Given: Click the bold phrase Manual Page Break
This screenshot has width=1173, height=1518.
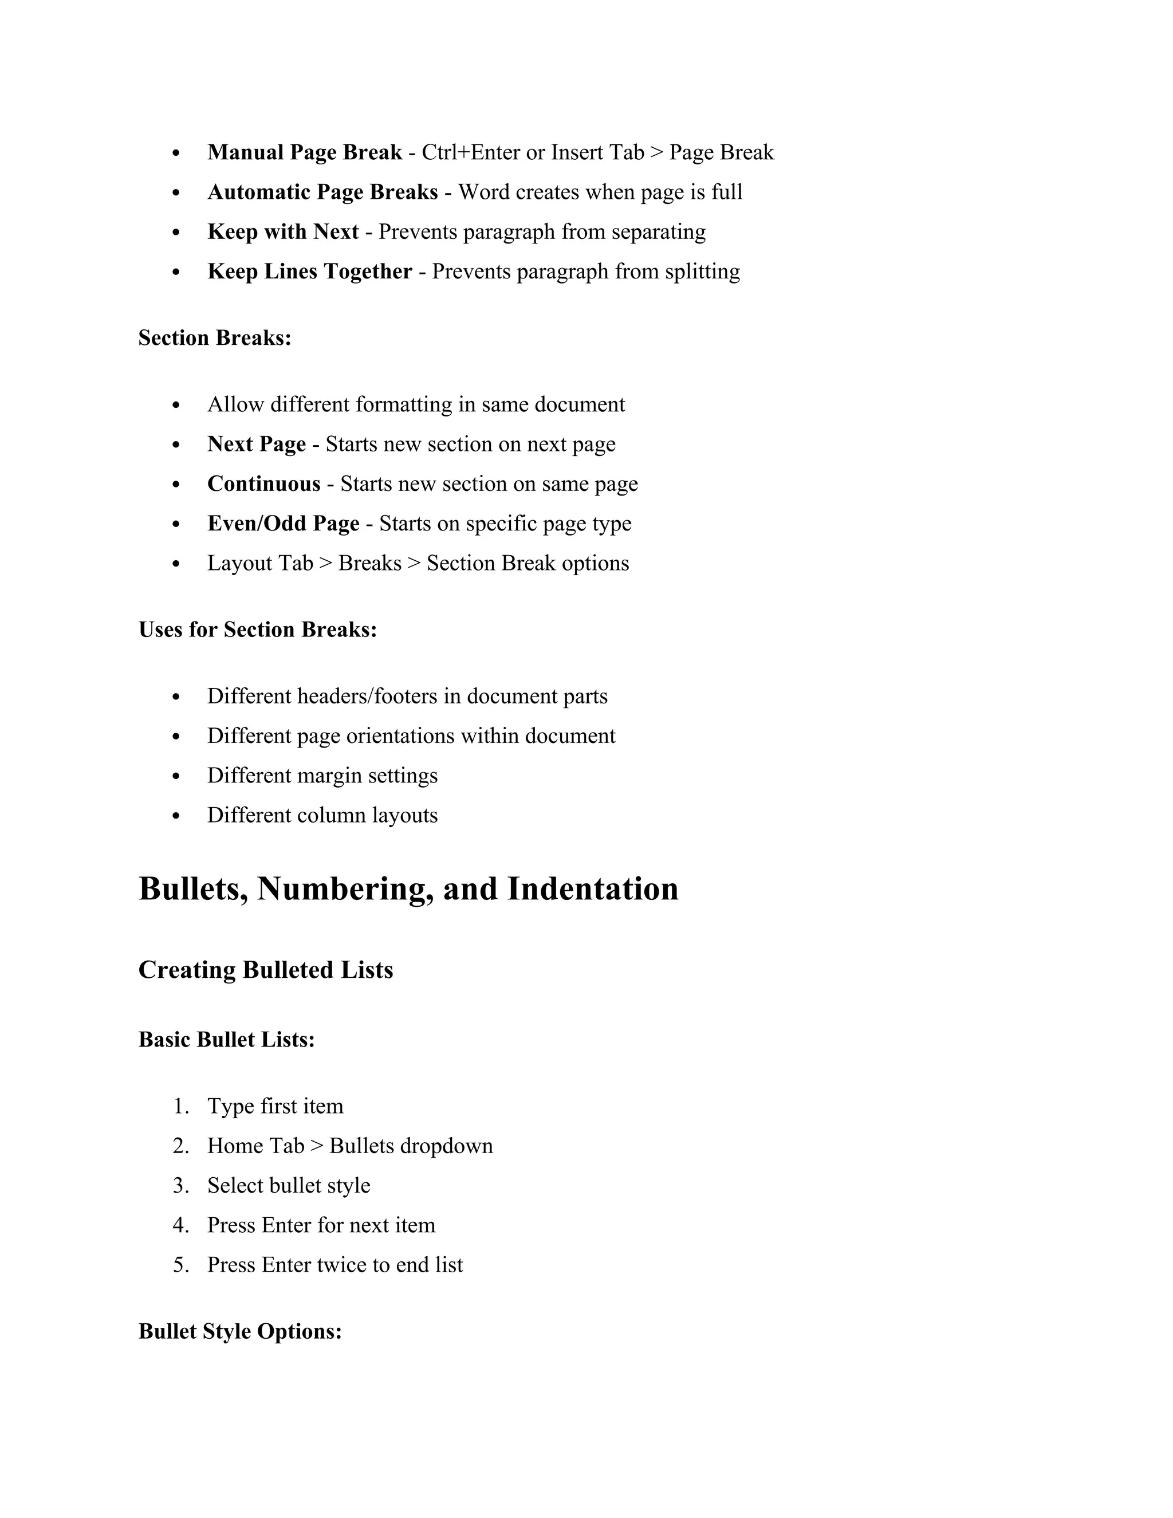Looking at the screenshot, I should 304,152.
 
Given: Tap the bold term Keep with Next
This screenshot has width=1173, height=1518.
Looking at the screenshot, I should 283,231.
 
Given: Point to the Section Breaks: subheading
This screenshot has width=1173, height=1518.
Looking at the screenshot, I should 215,338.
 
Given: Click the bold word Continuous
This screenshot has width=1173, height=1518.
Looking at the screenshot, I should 263,484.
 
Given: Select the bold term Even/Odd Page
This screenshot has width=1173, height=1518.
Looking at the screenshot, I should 283,524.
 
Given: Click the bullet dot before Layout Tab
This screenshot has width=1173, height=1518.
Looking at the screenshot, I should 176,564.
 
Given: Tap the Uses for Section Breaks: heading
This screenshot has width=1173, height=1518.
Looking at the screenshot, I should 258,630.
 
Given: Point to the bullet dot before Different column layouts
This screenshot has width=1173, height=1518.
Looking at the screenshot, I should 176,816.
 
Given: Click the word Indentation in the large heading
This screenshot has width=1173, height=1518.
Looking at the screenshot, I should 592,889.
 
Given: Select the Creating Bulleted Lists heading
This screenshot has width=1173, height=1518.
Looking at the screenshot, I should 265,970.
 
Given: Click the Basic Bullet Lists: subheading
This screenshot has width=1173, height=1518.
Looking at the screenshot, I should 227,1040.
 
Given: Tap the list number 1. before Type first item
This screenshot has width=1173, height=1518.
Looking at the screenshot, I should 180,1107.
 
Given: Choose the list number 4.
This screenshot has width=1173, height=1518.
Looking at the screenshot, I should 180,1225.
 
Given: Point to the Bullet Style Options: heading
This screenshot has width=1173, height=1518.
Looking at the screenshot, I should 240,1332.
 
